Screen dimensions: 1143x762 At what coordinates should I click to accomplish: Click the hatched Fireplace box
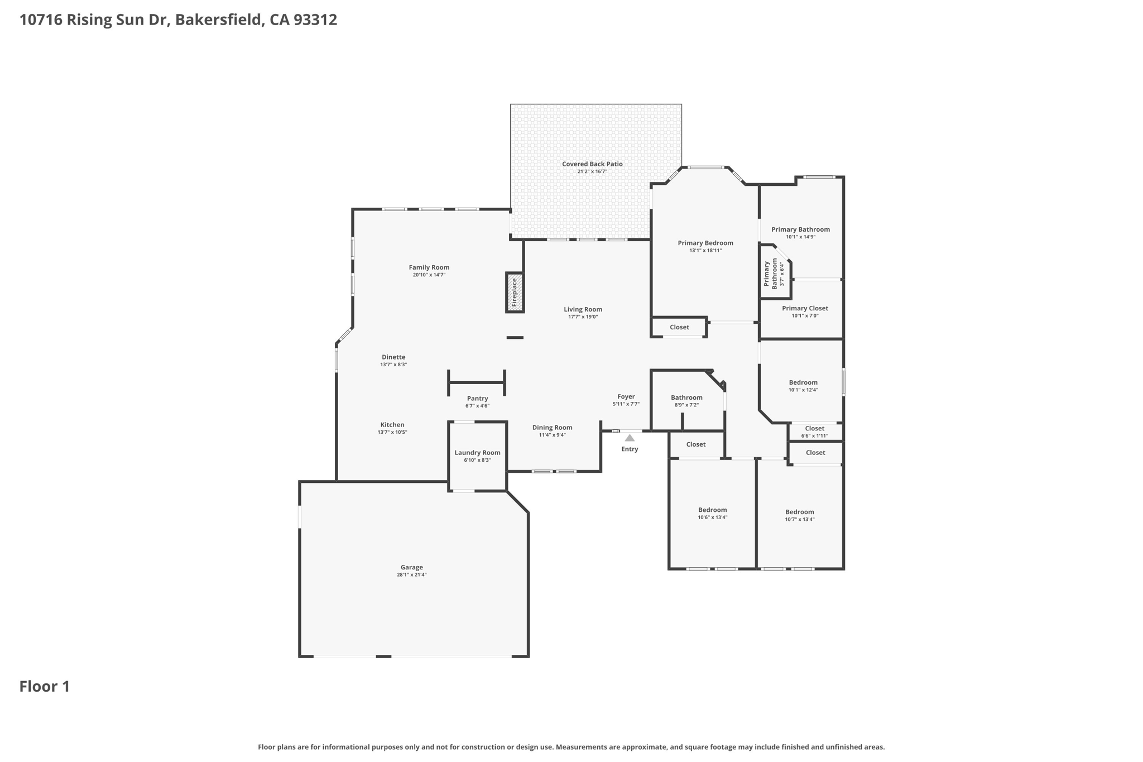pyautogui.click(x=515, y=292)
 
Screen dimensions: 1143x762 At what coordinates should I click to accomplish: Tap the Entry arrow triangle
pyautogui.click(x=630, y=438)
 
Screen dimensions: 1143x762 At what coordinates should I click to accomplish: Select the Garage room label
pyautogui.click(x=412, y=567)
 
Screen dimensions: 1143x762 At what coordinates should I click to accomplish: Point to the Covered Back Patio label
pyautogui.click(x=592, y=164)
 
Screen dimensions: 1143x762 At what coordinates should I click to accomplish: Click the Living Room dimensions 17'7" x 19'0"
pyautogui.click(x=583, y=317)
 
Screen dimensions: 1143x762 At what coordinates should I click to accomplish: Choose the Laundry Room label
pyautogui.click(x=477, y=453)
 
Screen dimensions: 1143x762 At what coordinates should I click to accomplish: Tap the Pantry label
pyautogui.click(x=477, y=399)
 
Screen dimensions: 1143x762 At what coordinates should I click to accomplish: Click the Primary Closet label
pyautogui.click(x=805, y=308)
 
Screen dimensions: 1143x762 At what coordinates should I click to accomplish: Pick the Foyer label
pyautogui.click(x=626, y=397)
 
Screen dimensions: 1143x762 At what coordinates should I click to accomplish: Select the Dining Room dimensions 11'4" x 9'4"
pyautogui.click(x=552, y=435)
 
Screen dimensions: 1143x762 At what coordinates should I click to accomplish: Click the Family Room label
pyautogui.click(x=429, y=267)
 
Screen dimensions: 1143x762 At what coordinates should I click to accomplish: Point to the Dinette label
pyautogui.click(x=393, y=357)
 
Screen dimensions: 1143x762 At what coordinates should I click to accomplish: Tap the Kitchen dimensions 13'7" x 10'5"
pyautogui.click(x=392, y=432)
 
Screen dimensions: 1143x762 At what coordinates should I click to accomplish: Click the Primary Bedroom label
pyautogui.click(x=705, y=243)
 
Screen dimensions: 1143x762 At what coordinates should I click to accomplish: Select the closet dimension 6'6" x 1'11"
pyautogui.click(x=815, y=436)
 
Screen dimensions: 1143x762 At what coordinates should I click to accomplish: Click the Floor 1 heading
pyautogui.click(x=45, y=687)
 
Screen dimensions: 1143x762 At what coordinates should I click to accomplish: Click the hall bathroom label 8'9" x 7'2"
pyautogui.click(x=686, y=405)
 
